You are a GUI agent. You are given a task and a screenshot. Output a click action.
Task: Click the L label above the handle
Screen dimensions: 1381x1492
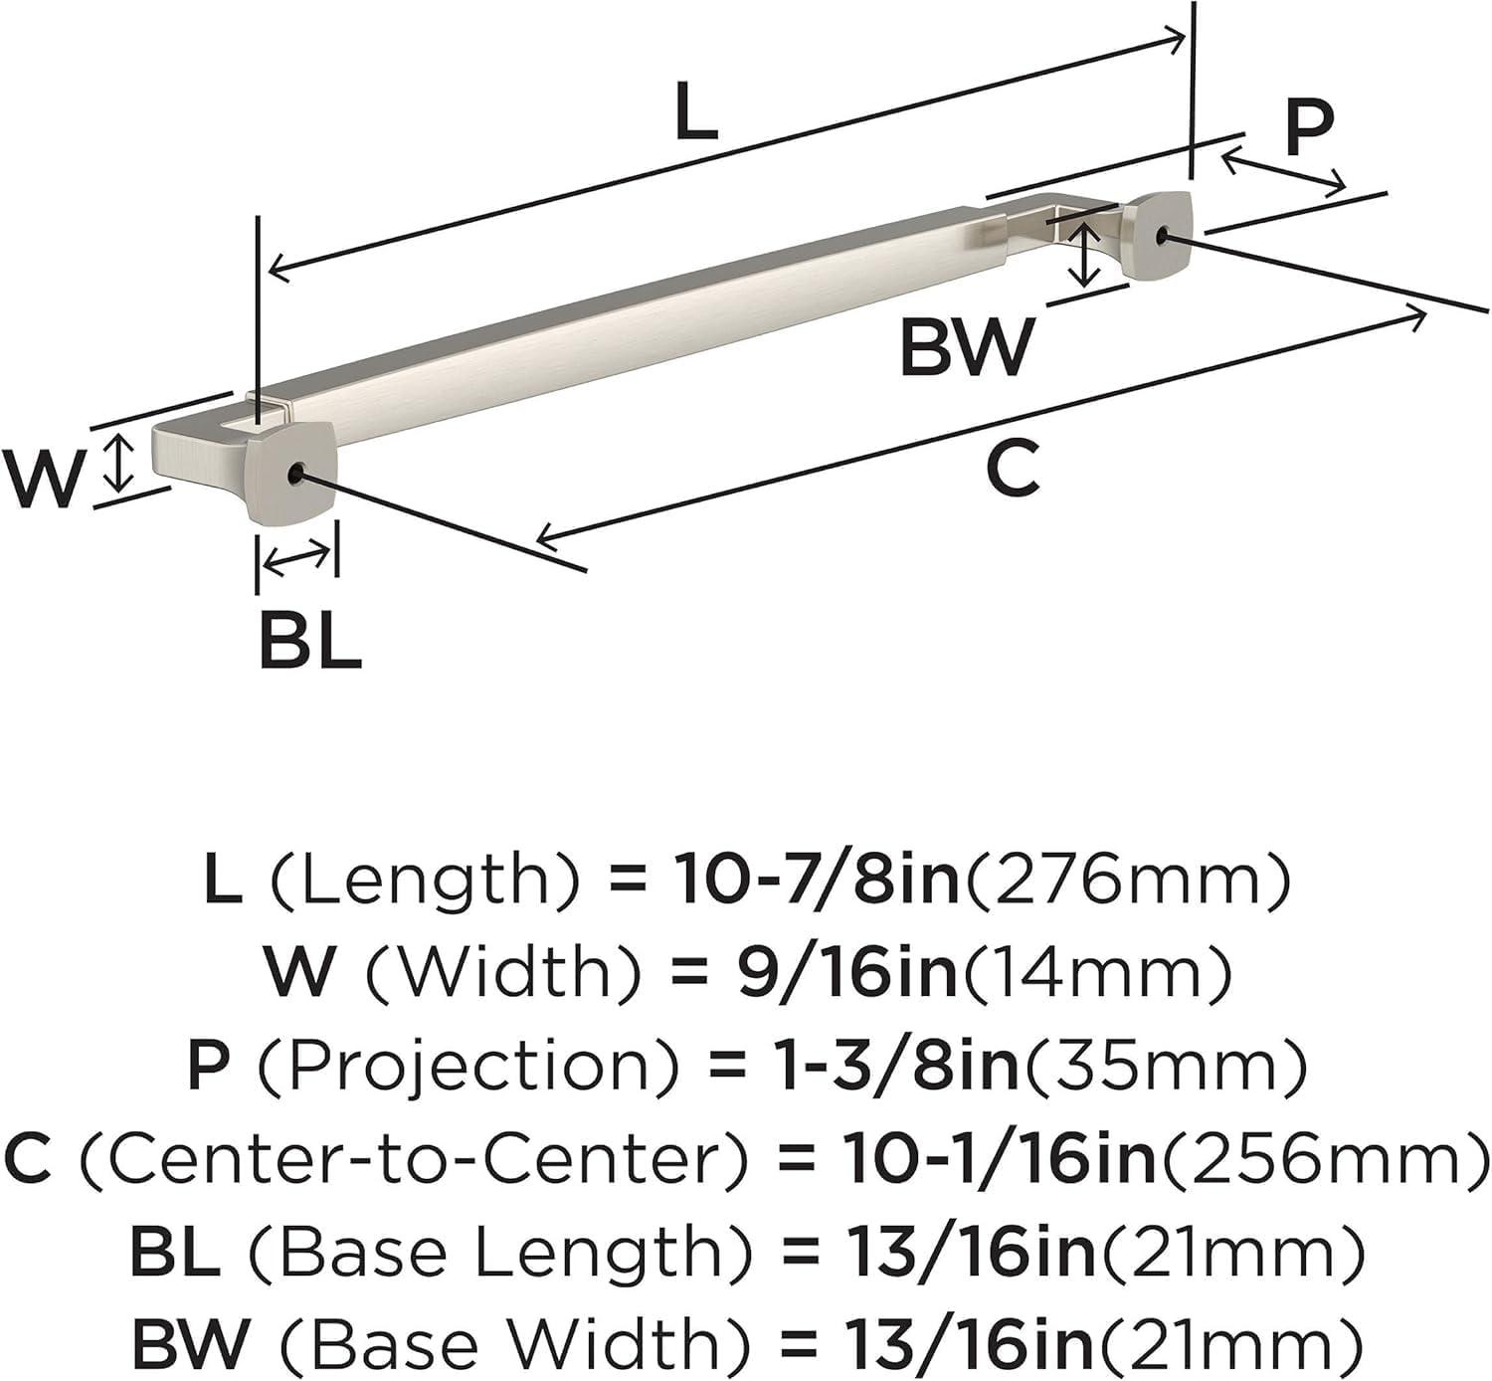(695, 111)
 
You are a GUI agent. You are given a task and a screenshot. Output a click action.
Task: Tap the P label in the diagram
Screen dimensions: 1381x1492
(1307, 128)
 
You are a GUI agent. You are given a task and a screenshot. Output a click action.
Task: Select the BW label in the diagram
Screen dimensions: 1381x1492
(967, 347)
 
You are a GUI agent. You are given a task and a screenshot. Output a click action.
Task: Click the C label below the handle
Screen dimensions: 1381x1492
(1013, 469)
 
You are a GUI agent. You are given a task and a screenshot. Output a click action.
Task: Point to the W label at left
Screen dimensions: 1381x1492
(43, 480)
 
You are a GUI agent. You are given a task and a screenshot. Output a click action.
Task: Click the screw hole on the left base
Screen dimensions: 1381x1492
(295, 475)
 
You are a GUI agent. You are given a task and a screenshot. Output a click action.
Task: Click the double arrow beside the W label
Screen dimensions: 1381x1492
(119, 464)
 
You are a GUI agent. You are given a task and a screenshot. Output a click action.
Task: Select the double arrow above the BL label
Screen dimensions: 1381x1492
(297, 558)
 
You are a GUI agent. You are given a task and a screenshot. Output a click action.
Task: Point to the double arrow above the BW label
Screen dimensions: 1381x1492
(1085, 255)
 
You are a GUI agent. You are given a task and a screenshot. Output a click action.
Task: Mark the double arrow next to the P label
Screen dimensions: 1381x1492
(1283, 170)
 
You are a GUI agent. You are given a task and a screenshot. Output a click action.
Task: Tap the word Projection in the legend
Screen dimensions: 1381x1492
(467, 1065)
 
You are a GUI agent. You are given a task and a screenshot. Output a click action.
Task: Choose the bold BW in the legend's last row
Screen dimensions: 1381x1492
(189, 1343)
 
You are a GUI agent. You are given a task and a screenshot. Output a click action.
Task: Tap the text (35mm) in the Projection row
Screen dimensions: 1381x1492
(1166, 1065)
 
